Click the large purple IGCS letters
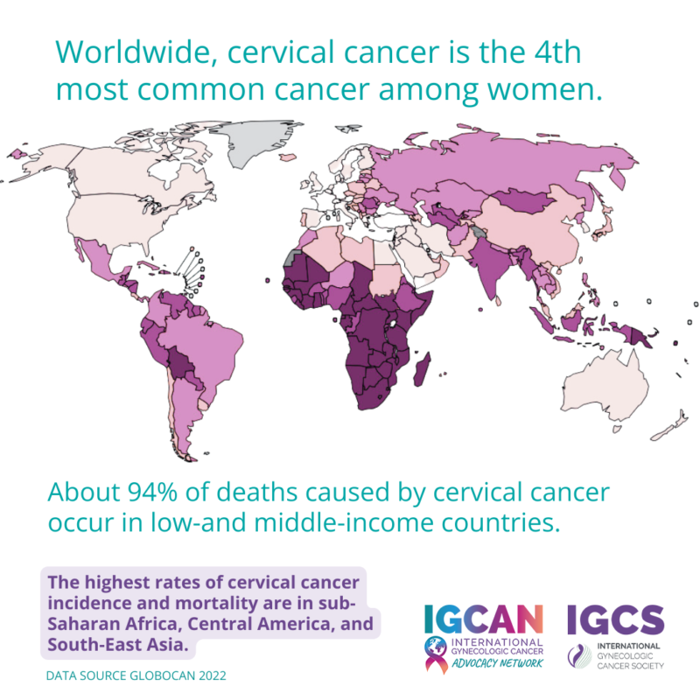click(615, 619)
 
